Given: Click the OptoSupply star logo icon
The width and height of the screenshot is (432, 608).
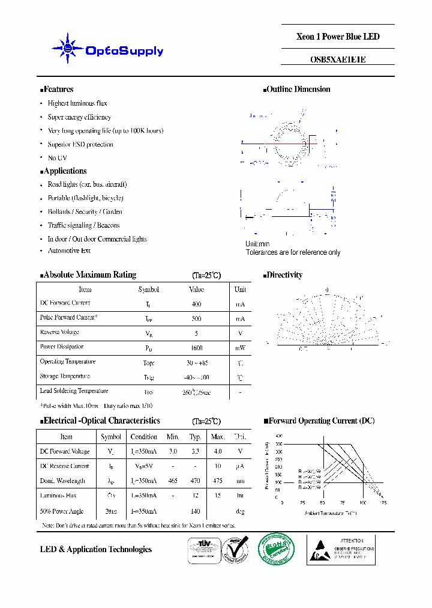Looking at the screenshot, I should coord(67,49).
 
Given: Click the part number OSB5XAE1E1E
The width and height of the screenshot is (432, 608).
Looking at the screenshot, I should coord(338,59).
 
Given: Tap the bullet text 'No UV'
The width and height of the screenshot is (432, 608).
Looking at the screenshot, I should coord(57,158).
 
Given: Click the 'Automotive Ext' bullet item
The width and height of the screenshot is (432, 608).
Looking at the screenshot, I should coord(69,251).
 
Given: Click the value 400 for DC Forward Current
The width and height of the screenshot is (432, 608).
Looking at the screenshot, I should coord(196,304).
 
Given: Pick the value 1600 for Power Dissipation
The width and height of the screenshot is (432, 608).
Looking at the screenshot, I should coord(196,348).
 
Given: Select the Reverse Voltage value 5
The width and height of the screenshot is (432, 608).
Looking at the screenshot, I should coord(196,333).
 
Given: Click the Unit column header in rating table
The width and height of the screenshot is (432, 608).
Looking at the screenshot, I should coord(240,290).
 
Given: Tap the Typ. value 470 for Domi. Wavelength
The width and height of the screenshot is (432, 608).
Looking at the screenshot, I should coord(195,481).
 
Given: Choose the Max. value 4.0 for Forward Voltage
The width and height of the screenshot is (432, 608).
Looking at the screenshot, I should coord(218,452).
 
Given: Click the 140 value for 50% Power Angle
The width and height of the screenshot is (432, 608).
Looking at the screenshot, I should coord(195,511).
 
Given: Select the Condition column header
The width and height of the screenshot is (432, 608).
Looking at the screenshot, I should coord(144,437).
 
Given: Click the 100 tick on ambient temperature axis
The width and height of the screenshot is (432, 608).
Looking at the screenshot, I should coord(362,502).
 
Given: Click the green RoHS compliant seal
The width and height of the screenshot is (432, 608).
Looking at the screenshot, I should coord(276,549).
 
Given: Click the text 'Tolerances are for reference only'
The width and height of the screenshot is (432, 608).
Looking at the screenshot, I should coord(293,252).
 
